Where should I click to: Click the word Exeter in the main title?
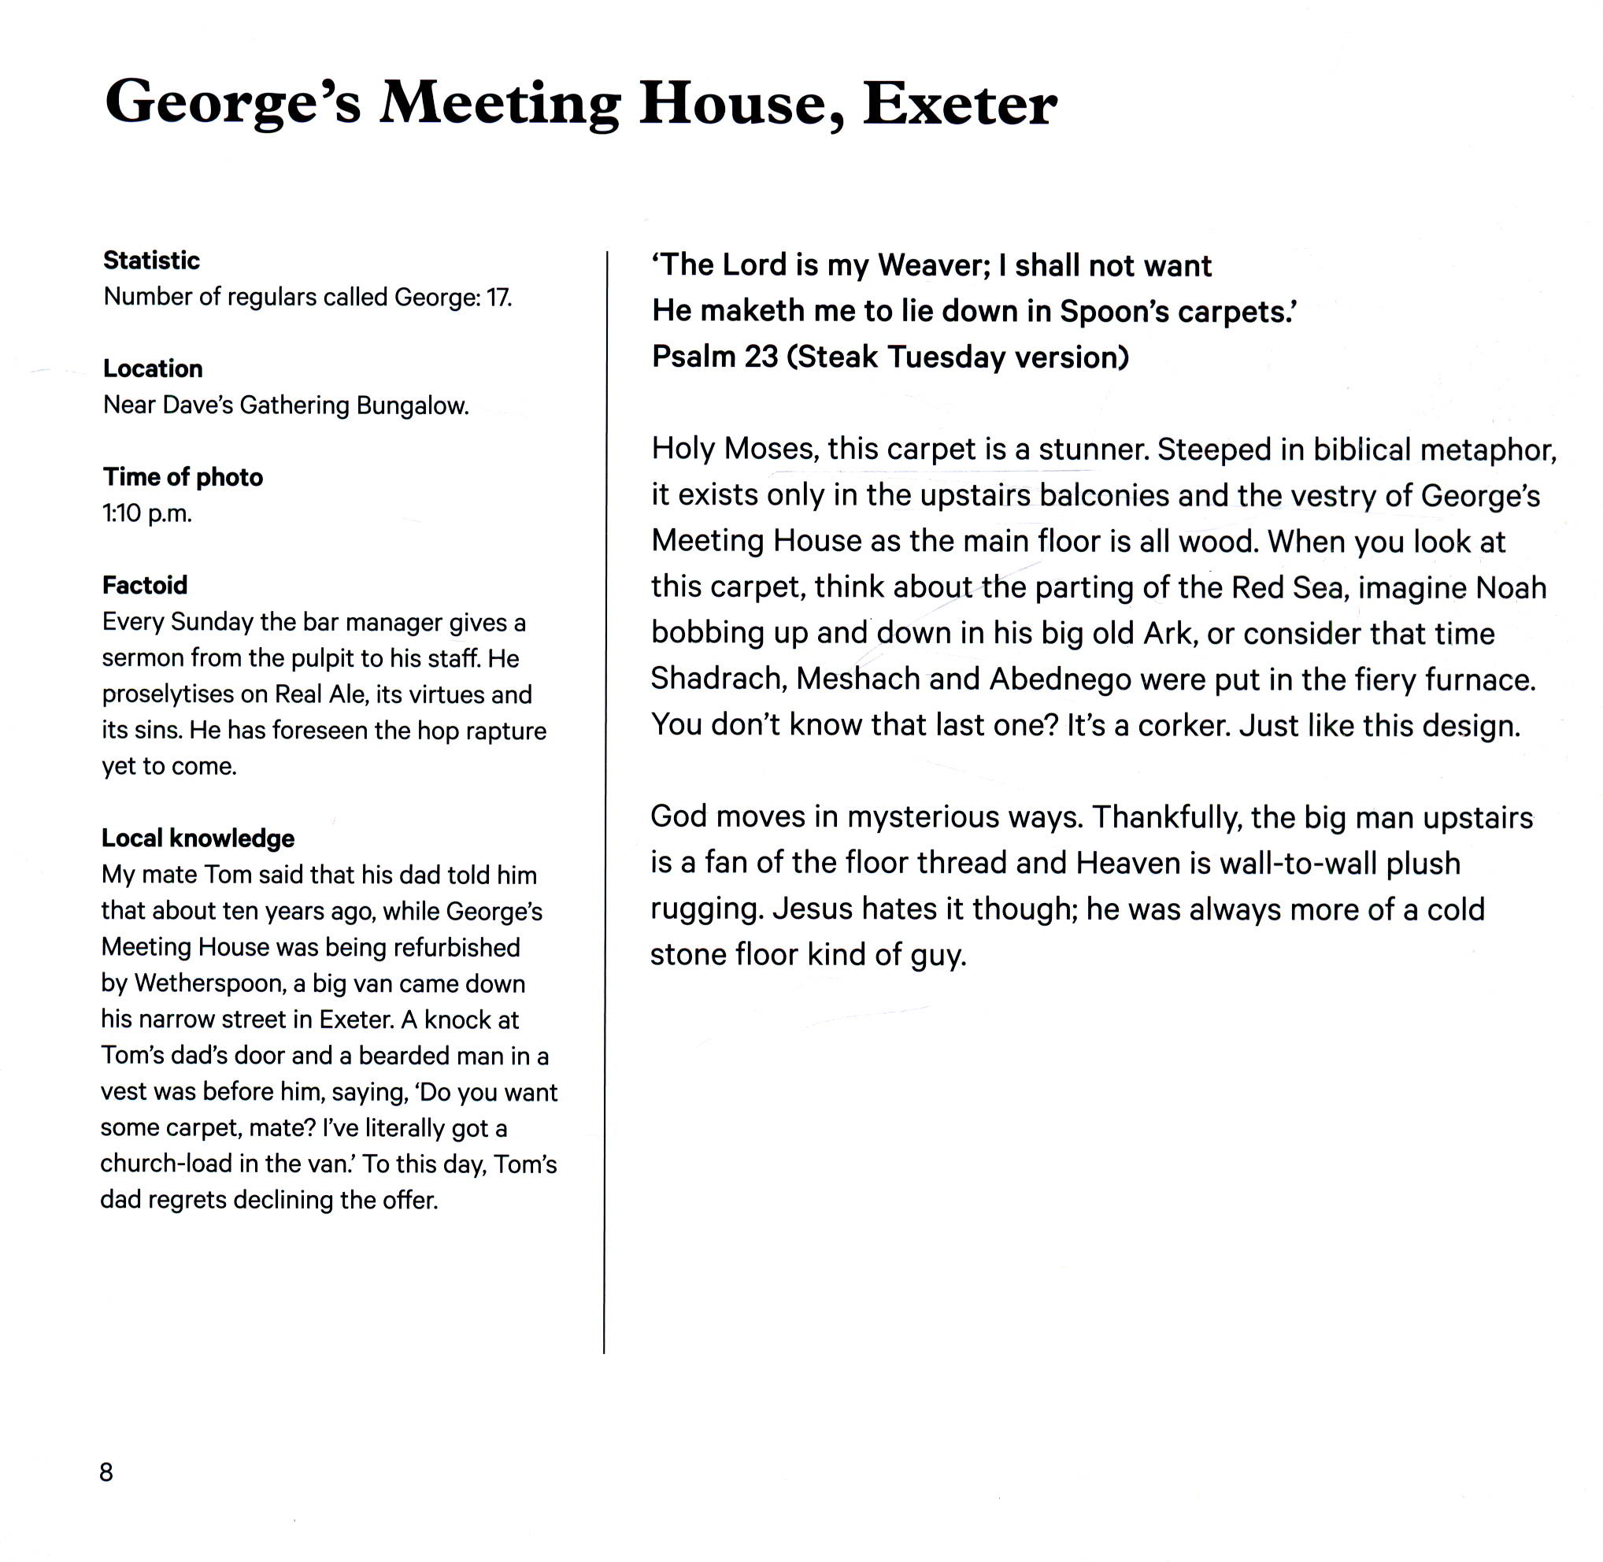point(959,104)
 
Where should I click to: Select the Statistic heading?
point(151,260)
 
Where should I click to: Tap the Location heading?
point(153,368)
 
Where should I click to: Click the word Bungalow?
point(412,405)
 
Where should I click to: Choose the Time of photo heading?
point(183,476)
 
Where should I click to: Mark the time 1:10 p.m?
point(147,513)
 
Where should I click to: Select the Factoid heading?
point(144,585)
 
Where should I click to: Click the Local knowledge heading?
point(198,838)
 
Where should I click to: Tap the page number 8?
point(106,1471)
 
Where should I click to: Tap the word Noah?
point(1510,587)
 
